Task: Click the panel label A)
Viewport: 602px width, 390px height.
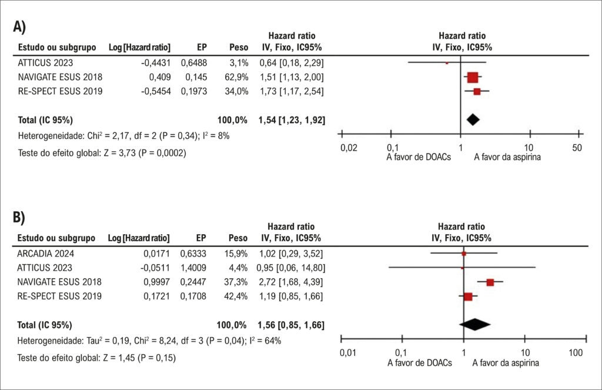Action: click(x=19, y=26)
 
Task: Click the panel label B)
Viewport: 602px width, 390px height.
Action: click(x=19, y=217)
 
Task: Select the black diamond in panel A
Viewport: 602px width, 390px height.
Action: click(x=473, y=119)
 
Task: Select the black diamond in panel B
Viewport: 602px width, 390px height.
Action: click(x=474, y=324)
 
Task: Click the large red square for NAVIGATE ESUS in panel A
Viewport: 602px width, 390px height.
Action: click(x=473, y=77)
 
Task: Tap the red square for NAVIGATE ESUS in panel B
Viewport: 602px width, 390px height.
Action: click(x=490, y=282)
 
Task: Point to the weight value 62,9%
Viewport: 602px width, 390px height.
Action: click(x=236, y=77)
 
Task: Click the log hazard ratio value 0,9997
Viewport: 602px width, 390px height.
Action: click(x=156, y=282)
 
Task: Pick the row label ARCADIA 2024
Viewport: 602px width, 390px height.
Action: click(x=46, y=254)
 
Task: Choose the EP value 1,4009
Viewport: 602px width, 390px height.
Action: click(x=193, y=268)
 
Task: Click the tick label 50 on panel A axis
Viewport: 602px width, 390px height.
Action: click(x=577, y=148)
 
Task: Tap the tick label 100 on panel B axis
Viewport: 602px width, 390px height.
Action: click(x=575, y=352)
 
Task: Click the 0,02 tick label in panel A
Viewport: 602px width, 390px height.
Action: click(x=349, y=148)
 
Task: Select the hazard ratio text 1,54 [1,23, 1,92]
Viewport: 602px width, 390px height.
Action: click(x=292, y=120)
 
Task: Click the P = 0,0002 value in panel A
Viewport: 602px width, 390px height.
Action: click(x=162, y=153)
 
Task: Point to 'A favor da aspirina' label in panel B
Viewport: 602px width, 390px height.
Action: click(x=506, y=363)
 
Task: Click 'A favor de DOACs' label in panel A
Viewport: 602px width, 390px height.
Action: click(x=419, y=157)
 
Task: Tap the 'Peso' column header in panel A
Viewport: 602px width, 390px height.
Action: click(x=239, y=47)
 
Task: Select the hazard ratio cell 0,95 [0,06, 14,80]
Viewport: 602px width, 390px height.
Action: click(x=291, y=268)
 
